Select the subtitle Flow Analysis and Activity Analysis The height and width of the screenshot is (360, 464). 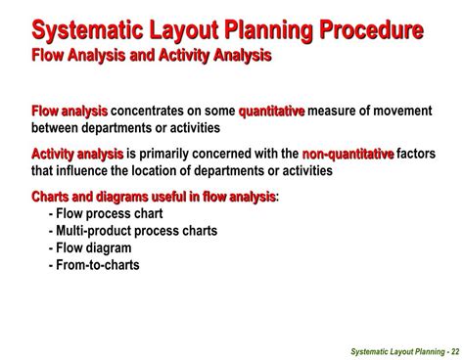pos(152,55)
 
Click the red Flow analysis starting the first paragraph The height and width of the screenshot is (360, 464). pos(70,112)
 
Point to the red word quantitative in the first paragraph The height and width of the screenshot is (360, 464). pos(271,112)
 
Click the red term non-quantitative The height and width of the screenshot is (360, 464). pos(348,154)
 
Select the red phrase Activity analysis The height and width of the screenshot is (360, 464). pos(77,154)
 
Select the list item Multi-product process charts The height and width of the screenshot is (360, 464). pos(132,231)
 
